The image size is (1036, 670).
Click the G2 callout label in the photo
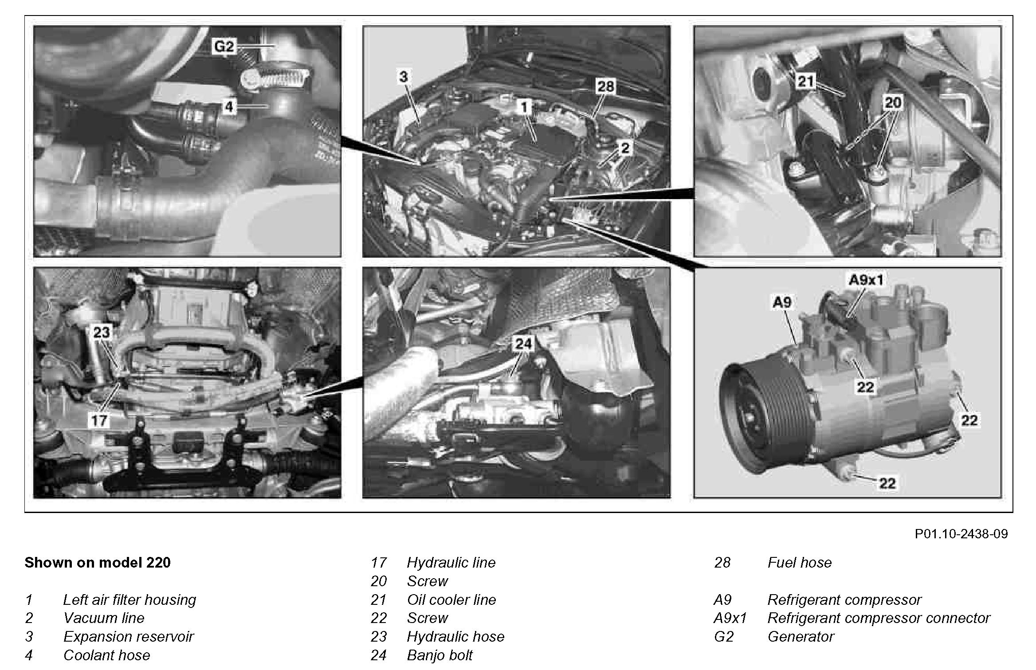point(224,47)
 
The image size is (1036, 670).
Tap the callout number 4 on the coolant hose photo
point(229,106)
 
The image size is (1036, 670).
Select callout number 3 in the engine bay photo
point(403,77)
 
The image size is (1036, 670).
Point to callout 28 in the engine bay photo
point(605,86)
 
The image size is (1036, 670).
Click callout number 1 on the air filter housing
point(525,107)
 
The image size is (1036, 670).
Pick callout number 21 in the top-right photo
point(806,81)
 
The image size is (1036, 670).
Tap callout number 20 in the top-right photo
point(893,103)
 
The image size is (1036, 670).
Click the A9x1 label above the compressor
point(866,279)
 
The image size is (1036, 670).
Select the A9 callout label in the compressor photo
point(782,302)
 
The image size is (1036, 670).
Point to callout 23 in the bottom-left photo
point(101,332)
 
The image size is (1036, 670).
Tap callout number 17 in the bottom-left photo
point(99,420)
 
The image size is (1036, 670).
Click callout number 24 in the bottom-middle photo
point(523,343)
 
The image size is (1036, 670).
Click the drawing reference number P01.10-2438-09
point(961,533)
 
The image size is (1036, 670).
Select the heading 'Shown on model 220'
point(98,562)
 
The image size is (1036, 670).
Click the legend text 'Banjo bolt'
point(440,655)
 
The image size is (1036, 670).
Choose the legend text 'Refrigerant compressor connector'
point(879,618)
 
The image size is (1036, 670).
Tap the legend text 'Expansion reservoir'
point(129,637)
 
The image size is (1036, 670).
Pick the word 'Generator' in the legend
point(801,636)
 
